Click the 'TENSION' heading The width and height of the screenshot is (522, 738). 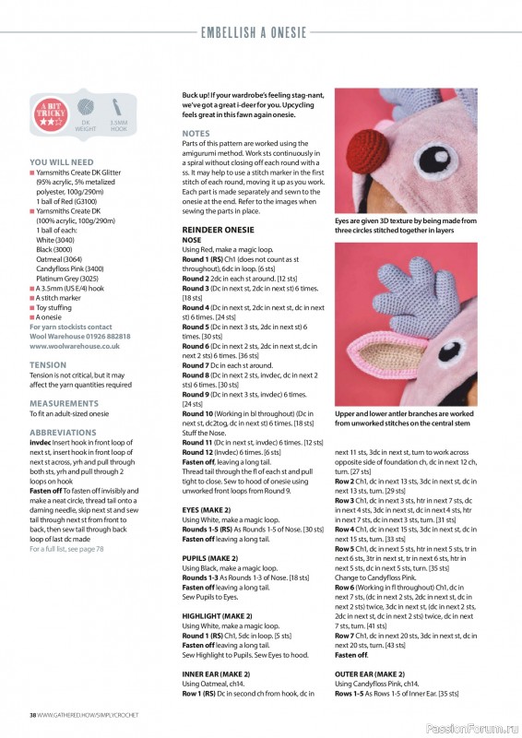pyautogui.click(x=48, y=364)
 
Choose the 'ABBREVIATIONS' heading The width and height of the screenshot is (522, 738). pyautogui.click(x=62, y=432)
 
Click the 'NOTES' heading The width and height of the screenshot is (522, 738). pyautogui.click(x=196, y=134)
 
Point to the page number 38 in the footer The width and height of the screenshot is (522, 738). pyautogui.click(x=33, y=714)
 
